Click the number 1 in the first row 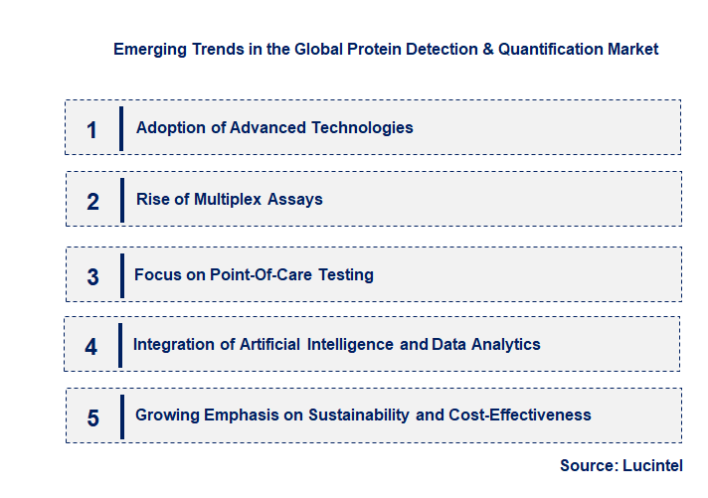(x=92, y=129)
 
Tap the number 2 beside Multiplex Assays (x=93, y=202)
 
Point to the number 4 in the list (x=91, y=347)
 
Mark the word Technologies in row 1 (x=362, y=127)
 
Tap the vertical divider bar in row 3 (x=121, y=274)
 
